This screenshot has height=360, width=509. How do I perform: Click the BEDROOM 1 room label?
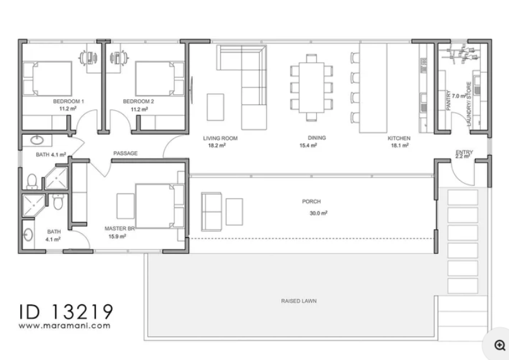point(68,101)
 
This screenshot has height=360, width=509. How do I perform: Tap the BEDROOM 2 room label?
point(138,101)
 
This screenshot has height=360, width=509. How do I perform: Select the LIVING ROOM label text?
point(221,138)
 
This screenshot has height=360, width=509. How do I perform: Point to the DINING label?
point(317,138)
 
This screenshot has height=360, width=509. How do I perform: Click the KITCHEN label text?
point(399,138)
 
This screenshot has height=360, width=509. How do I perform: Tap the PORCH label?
point(311,201)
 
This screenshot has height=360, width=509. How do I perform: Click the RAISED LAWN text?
point(298,301)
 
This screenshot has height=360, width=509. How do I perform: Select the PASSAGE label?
point(125,153)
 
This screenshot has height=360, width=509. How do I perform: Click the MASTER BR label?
point(120,228)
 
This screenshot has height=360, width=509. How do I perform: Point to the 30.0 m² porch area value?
point(319,213)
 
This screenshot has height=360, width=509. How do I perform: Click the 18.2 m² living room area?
point(217,146)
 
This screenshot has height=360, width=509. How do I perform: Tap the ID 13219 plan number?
point(66,311)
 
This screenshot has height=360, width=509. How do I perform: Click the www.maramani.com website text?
point(64,326)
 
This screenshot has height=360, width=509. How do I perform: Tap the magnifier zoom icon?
point(500,345)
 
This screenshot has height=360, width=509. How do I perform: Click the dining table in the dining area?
point(311,87)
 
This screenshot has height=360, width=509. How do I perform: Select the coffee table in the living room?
point(216,107)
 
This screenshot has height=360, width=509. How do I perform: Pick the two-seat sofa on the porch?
point(211,211)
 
